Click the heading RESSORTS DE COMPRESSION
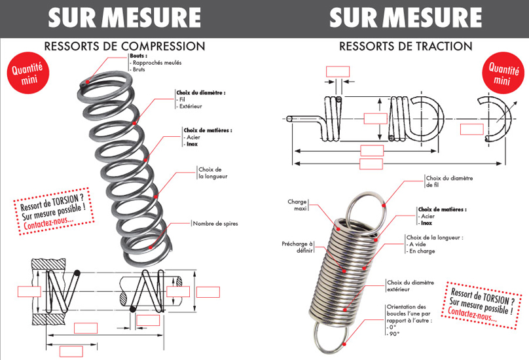[124, 46]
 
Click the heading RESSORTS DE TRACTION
[405, 46]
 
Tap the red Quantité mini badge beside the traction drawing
[502, 75]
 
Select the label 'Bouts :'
[137, 56]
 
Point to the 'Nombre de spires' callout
[215, 224]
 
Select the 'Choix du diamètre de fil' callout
[448, 181]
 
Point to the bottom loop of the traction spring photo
[327, 337]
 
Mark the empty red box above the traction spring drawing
[337, 71]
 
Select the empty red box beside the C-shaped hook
[471, 130]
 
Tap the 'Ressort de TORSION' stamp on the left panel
[52, 209]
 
